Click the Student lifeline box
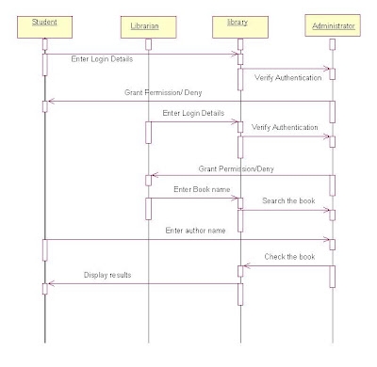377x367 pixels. pyautogui.click(x=44, y=27)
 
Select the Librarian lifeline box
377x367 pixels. pyautogui.click(x=148, y=27)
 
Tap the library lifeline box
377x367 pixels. pyautogui.click(x=240, y=27)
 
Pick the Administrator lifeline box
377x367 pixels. pyautogui.click(x=333, y=25)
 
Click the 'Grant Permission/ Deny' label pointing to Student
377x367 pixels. pyautogui.click(x=163, y=92)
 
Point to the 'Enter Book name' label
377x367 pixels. pyautogui.click(x=202, y=189)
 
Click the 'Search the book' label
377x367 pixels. pyautogui.click(x=288, y=200)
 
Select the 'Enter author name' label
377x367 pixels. pyautogui.click(x=195, y=231)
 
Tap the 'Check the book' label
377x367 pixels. pyautogui.click(x=289, y=257)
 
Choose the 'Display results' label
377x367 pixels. pyautogui.click(x=107, y=275)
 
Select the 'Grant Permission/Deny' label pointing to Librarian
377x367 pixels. pyautogui.click(x=237, y=169)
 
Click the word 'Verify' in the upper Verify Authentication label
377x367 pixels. pyautogui.click(x=264, y=78)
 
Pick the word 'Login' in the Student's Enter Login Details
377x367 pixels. pyautogui.click(x=99, y=59)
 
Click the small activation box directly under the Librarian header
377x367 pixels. pyautogui.click(x=148, y=44)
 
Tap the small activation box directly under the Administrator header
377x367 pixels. pyautogui.click(x=333, y=44)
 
